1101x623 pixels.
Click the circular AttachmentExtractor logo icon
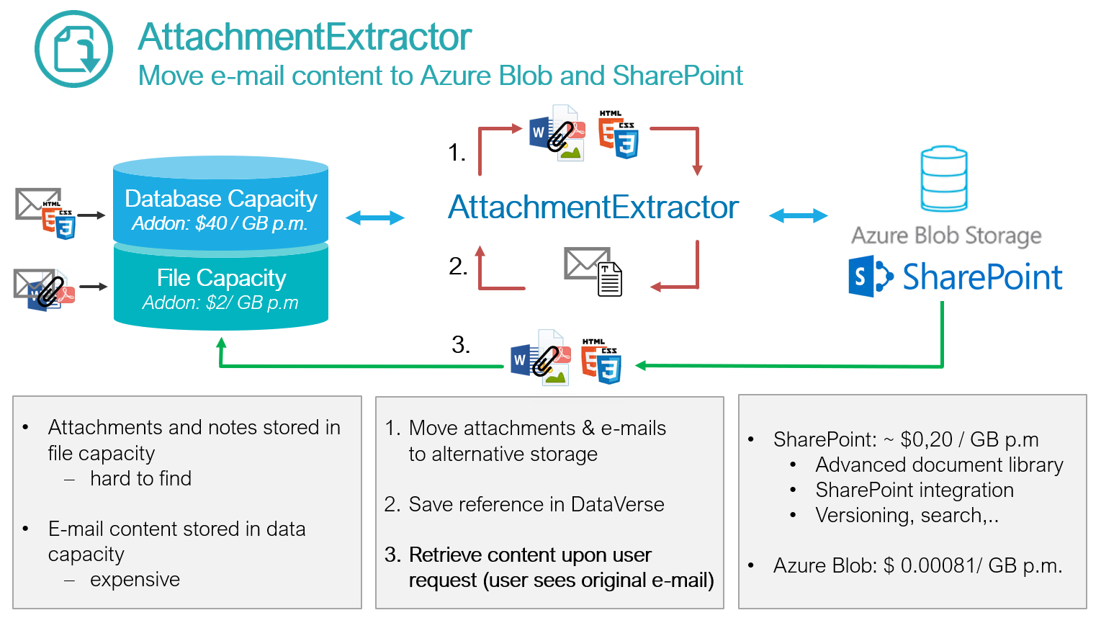pyautogui.click(x=73, y=49)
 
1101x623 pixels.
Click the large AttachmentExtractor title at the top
pyautogui.click(x=305, y=37)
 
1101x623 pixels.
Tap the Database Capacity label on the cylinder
pyautogui.click(x=220, y=199)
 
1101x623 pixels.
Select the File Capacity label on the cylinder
pyautogui.click(x=221, y=278)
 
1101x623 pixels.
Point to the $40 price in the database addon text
pyautogui.click(x=210, y=224)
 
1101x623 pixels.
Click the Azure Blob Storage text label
pyautogui.click(x=946, y=236)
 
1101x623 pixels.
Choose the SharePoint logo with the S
pyautogui.click(x=871, y=276)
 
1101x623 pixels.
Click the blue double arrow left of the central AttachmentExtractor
pyautogui.click(x=374, y=218)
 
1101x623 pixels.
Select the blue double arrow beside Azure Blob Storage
pyautogui.click(x=798, y=215)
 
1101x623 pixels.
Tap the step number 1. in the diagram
pyautogui.click(x=457, y=153)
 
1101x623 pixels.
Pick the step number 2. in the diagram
pyautogui.click(x=458, y=266)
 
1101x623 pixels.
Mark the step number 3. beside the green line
pyautogui.click(x=461, y=344)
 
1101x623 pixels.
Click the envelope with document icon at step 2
pyautogui.click(x=593, y=271)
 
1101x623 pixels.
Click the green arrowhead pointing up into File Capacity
pyautogui.click(x=222, y=344)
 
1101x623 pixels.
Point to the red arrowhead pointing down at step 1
pyautogui.click(x=697, y=170)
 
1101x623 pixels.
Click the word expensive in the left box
pyautogui.click(x=135, y=580)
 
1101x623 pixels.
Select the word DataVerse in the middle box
pyautogui.click(x=617, y=504)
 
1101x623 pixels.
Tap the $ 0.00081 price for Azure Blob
pyautogui.click(x=928, y=566)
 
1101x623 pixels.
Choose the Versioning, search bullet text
pyautogui.click(x=907, y=516)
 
